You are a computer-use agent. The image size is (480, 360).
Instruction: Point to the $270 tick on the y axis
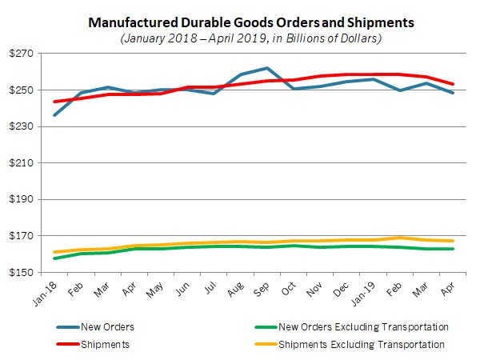pyautogui.click(x=26, y=54)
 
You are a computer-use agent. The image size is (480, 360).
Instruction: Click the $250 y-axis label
pyautogui.click(x=26, y=90)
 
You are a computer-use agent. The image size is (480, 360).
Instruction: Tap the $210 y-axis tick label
pyautogui.click(x=26, y=163)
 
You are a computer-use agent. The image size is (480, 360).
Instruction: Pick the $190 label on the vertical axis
pyautogui.click(x=26, y=200)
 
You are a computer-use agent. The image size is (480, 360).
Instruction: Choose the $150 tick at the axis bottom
pyautogui.click(x=26, y=273)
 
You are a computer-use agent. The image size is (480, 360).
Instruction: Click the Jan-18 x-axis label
pyautogui.click(x=48, y=292)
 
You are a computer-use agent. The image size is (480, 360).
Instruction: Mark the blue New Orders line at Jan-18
pyautogui.click(x=54, y=115)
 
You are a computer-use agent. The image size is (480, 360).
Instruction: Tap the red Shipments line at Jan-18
pyautogui.click(x=54, y=102)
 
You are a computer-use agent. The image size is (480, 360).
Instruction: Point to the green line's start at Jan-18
pyautogui.click(x=54, y=258)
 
